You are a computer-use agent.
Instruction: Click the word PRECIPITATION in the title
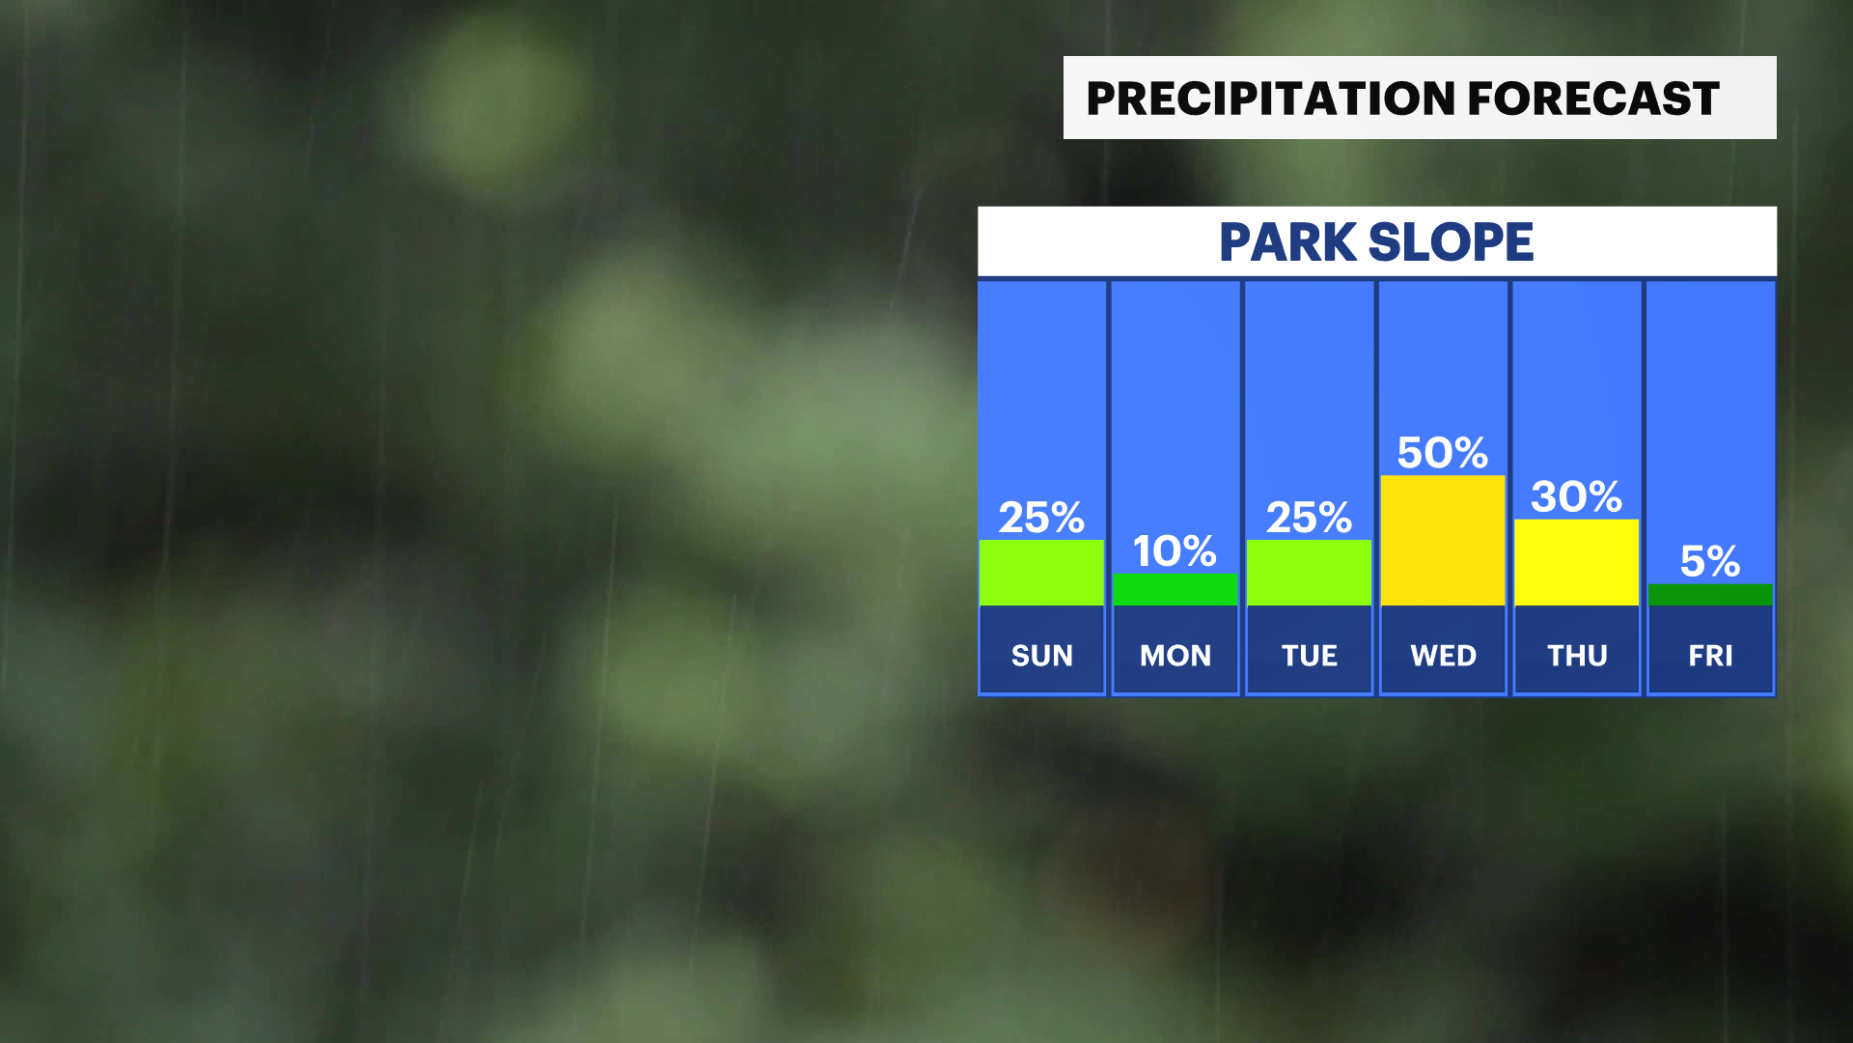1271,99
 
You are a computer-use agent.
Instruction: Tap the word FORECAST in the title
1594,99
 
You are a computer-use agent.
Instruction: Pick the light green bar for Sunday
1041,573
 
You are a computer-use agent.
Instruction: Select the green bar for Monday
1175,589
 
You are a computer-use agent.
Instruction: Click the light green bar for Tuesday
1309,573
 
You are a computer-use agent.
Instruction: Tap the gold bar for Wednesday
1443,540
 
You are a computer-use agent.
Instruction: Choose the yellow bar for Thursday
1577,562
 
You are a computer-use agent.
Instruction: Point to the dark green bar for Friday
1710,595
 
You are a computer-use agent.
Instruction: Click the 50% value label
1443,452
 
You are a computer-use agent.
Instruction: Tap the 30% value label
1577,496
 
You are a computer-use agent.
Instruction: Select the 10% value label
1175,550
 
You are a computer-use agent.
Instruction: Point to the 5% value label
1710,561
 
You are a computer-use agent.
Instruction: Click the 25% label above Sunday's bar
1041,518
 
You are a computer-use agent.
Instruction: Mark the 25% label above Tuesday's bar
1309,518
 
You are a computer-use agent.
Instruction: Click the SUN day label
1042,656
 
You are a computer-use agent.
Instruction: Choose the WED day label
1444,656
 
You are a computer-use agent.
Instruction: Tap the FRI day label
1711,656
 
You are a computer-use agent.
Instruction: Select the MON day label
1175,656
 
